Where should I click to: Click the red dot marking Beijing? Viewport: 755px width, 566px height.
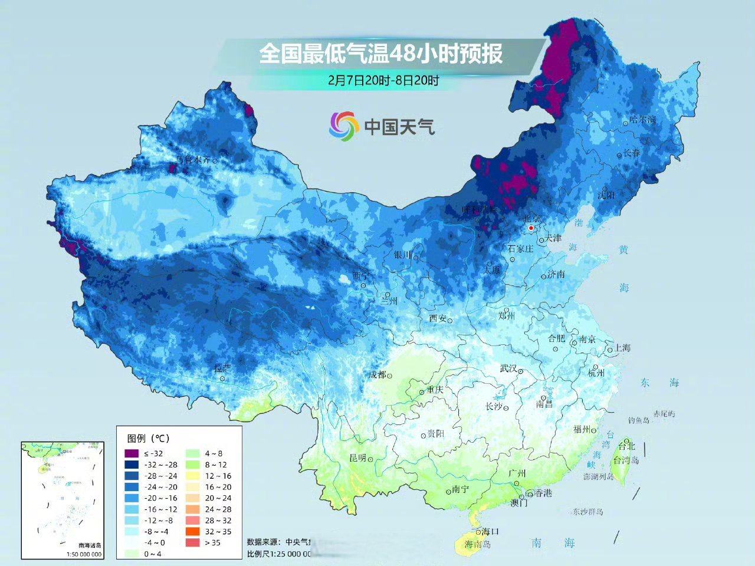(x=531, y=228)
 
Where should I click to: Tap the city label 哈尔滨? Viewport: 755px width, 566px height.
(x=642, y=120)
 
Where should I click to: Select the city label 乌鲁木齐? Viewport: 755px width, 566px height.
(x=193, y=160)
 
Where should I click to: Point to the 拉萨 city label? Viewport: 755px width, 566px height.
(x=222, y=368)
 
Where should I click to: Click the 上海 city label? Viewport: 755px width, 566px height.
(x=622, y=348)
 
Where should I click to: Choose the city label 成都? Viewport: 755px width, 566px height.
(x=377, y=374)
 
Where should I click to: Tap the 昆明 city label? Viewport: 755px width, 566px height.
(x=357, y=458)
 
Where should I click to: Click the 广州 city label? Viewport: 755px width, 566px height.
(x=517, y=473)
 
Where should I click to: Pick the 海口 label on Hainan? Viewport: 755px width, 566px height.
(x=490, y=531)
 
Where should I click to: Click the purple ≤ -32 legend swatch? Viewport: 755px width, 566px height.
(x=131, y=453)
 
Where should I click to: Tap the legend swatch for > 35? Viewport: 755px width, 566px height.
(x=192, y=542)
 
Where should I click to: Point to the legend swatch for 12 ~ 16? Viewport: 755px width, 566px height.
(x=192, y=476)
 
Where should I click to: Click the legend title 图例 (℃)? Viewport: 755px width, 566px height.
(x=148, y=438)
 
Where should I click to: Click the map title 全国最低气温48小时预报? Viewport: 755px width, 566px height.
(x=381, y=54)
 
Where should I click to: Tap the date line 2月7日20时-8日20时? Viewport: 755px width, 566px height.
(x=383, y=80)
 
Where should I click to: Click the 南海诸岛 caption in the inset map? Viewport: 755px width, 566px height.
(x=90, y=545)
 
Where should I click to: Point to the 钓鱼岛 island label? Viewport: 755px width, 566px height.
(x=638, y=420)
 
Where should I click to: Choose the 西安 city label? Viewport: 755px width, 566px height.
(x=438, y=318)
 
